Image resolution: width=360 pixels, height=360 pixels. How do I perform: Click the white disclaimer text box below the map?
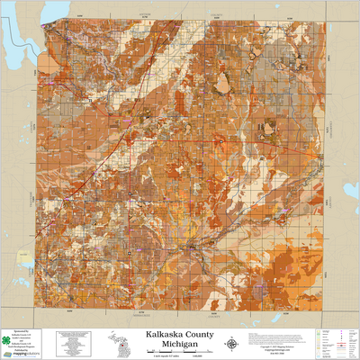coord(74,343)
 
